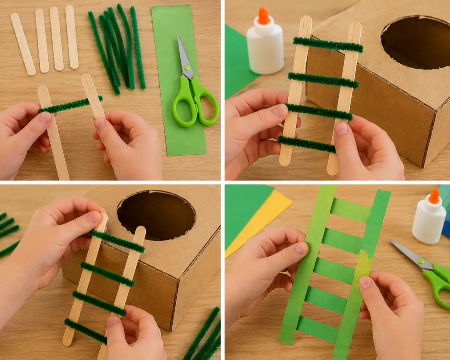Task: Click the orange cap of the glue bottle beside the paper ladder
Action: click(x=434, y=196)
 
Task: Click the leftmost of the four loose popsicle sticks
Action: click(x=23, y=44)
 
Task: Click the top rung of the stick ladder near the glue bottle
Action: click(x=328, y=44)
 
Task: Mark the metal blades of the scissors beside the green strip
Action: click(x=184, y=55)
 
